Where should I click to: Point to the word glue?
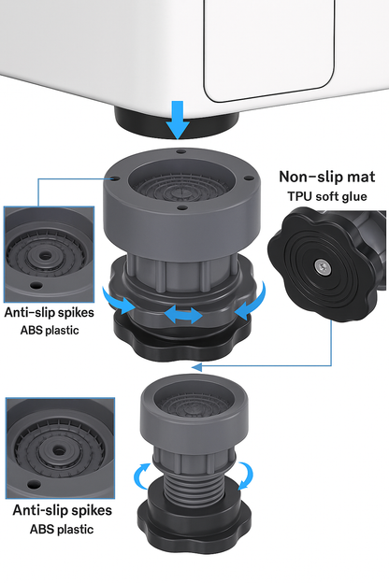(352, 196)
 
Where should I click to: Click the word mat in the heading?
(362, 178)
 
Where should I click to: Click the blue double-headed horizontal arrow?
(183, 315)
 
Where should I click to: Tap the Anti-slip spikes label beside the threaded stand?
(62, 510)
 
